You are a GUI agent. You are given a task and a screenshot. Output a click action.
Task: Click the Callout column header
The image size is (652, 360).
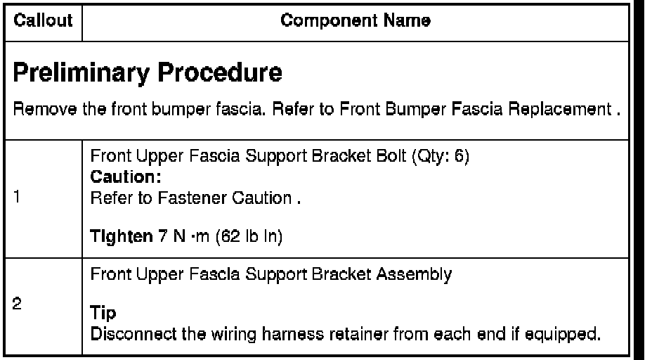click(41, 22)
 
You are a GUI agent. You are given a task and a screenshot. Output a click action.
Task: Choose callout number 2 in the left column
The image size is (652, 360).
click(19, 307)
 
